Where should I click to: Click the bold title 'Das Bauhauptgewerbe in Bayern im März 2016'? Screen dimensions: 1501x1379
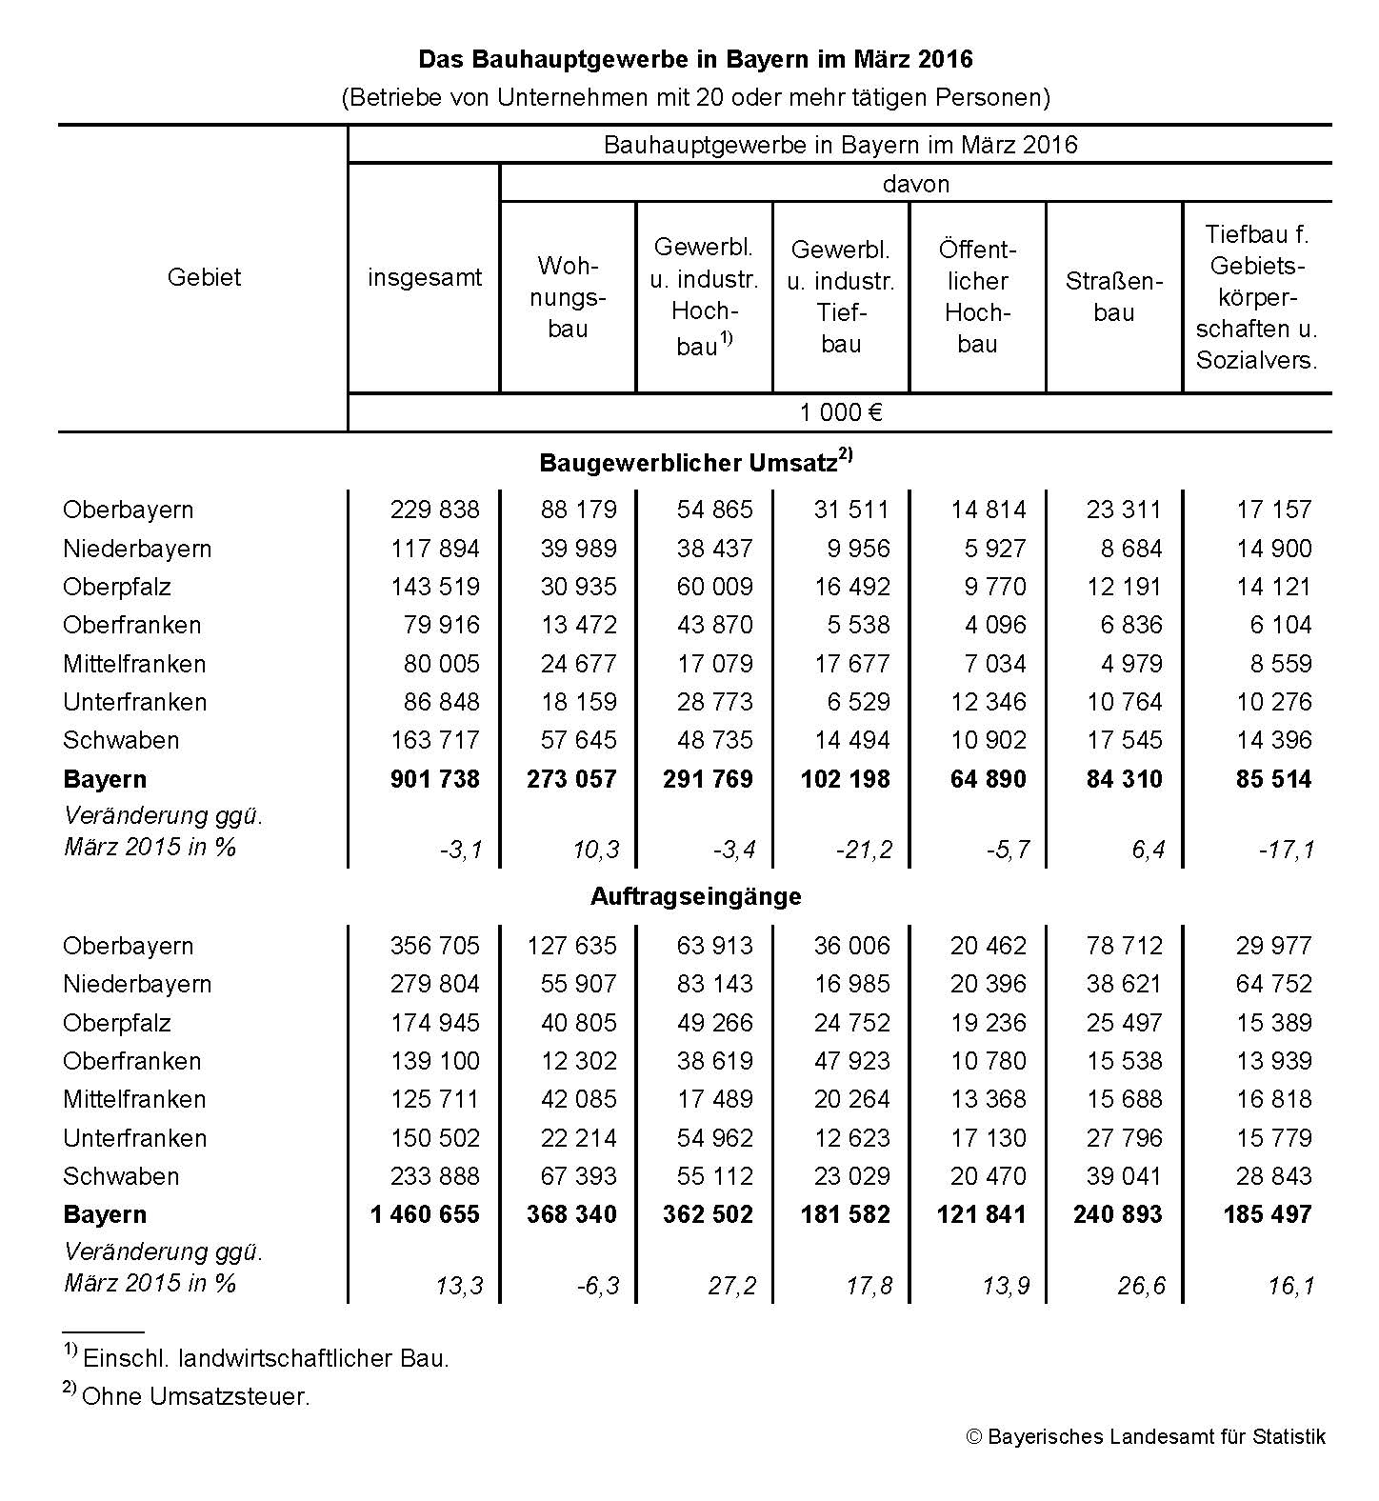[695, 60]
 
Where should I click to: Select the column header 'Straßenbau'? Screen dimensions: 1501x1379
[1113, 296]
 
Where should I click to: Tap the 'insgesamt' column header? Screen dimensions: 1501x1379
[425, 277]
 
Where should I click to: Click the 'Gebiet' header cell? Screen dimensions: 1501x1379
[204, 277]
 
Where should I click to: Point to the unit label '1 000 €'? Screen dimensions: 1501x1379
[840, 412]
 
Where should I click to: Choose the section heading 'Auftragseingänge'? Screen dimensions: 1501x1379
[695, 896]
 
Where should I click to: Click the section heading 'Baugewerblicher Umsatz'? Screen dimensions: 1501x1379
[695, 463]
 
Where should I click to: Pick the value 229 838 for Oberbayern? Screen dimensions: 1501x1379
[435, 510]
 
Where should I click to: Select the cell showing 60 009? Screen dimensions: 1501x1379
[714, 587]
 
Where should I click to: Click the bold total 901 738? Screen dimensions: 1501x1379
[435, 779]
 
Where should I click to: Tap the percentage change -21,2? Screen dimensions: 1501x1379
[864, 850]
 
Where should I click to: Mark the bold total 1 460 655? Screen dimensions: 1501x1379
[425, 1214]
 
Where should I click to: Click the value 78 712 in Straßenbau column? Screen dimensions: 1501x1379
[1124, 946]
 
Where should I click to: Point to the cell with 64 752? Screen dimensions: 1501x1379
[1273, 984]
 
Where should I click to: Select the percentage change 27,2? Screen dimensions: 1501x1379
[731, 1286]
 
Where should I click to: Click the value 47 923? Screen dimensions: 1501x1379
[851, 1061]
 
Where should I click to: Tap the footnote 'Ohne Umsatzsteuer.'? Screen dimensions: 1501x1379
[195, 1397]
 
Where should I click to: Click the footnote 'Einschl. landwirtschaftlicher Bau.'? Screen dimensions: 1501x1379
[265, 1358]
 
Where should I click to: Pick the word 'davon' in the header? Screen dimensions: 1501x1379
[915, 184]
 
